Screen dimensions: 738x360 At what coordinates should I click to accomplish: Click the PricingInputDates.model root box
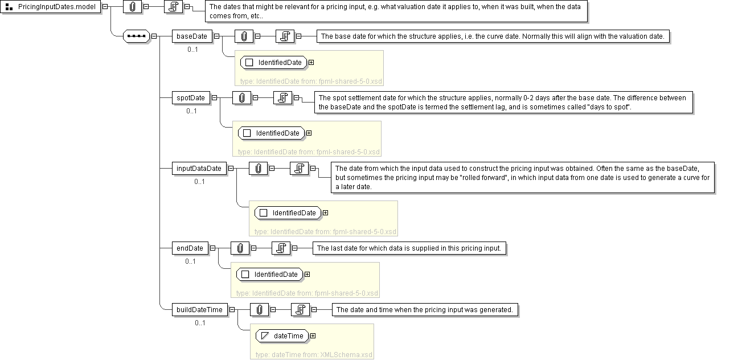51,7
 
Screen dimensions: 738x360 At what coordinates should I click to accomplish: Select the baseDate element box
192,36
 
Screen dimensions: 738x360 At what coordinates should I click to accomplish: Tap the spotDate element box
191,98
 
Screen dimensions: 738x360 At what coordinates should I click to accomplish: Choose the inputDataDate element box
199,169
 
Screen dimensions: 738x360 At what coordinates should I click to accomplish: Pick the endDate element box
190,248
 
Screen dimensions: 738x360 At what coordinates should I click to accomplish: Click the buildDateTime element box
200,310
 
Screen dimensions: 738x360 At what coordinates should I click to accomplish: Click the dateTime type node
282,336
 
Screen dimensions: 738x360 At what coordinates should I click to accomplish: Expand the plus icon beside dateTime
313,336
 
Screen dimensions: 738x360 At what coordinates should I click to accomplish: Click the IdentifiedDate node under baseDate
274,63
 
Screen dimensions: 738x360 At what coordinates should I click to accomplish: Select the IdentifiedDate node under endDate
270,275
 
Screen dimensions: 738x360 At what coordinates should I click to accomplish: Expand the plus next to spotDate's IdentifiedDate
309,133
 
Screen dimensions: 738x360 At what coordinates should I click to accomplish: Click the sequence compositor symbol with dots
137,36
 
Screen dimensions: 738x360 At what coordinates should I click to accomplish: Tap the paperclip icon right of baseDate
244,36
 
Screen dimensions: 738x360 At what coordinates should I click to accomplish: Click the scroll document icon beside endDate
281,248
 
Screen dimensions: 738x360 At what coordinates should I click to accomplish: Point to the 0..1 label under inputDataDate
199,182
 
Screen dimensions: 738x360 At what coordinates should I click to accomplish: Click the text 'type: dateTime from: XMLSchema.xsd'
314,355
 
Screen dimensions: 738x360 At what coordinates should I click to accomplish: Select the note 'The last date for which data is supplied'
409,248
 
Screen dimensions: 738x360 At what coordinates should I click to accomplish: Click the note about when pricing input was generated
425,310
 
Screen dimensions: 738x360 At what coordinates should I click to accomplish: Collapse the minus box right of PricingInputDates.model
105,7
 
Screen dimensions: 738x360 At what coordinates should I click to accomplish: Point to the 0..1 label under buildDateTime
200,323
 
